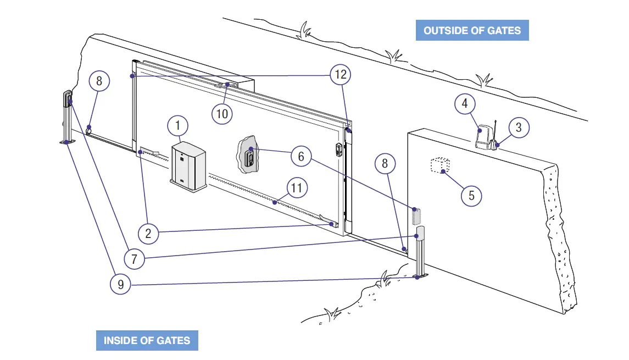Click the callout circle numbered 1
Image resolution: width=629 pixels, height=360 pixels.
click(177, 126)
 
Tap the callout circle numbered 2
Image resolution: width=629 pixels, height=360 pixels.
click(148, 234)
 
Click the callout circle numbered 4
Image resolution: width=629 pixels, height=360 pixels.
click(465, 103)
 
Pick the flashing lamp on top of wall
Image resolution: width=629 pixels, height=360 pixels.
click(483, 138)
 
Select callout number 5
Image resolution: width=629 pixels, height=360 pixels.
click(471, 195)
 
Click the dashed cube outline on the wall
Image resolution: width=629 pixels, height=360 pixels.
click(439, 165)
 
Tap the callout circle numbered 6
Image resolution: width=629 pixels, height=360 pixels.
click(300, 157)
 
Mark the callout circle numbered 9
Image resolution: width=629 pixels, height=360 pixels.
click(120, 284)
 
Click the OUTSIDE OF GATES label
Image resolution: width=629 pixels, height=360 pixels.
click(472, 30)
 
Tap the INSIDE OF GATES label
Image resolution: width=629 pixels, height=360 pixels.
click(147, 340)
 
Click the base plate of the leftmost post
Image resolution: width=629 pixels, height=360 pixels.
click(66, 142)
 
